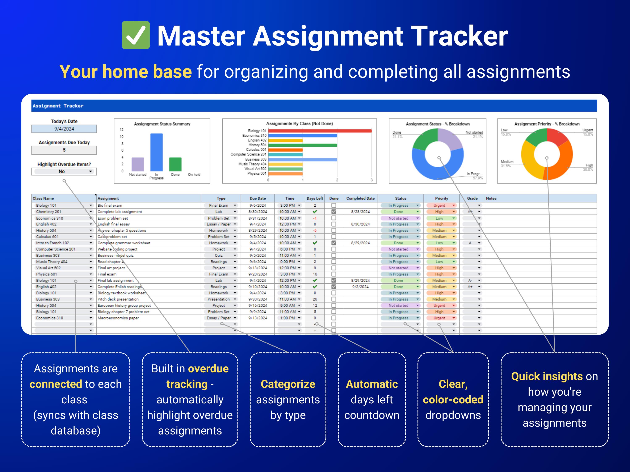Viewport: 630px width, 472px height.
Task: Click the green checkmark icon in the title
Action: tap(136, 35)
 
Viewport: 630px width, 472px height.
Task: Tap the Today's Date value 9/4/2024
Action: tap(64, 129)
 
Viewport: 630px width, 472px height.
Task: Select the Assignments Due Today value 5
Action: tap(64, 150)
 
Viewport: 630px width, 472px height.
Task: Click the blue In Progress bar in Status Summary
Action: tap(156, 152)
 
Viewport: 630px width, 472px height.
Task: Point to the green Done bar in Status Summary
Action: tap(175, 164)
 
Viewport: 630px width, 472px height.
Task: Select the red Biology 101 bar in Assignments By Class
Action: tap(320, 131)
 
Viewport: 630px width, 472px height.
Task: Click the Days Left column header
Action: tap(315, 198)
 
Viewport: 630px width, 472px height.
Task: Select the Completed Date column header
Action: tap(360, 198)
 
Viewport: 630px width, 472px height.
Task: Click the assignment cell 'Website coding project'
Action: tap(117, 249)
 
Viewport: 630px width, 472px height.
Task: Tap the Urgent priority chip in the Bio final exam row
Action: tap(440, 205)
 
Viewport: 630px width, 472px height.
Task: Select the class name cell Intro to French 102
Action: tap(53, 243)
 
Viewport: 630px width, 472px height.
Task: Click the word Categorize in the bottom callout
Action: tap(288, 384)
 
